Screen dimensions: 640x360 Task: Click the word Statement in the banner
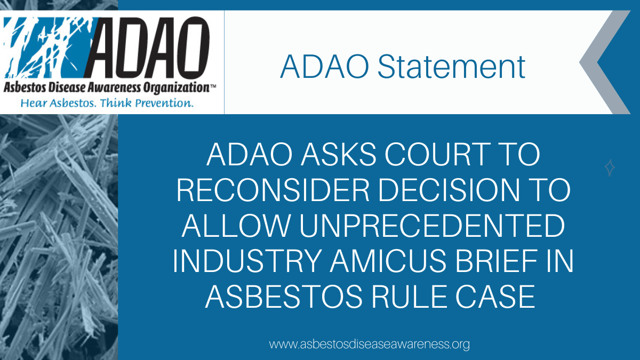tap(451, 67)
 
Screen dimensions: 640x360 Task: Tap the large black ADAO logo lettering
tap(147, 48)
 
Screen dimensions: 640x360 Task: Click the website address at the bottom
tap(370, 345)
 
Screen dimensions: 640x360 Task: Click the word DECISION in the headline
tap(449, 190)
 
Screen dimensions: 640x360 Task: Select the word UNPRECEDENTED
tap(432, 226)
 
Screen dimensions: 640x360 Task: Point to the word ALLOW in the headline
tap(236, 226)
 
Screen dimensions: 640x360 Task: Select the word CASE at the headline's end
tap(495, 297)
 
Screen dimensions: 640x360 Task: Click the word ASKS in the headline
tap(338, 155)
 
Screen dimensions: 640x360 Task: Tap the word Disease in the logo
tap(66, 87)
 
